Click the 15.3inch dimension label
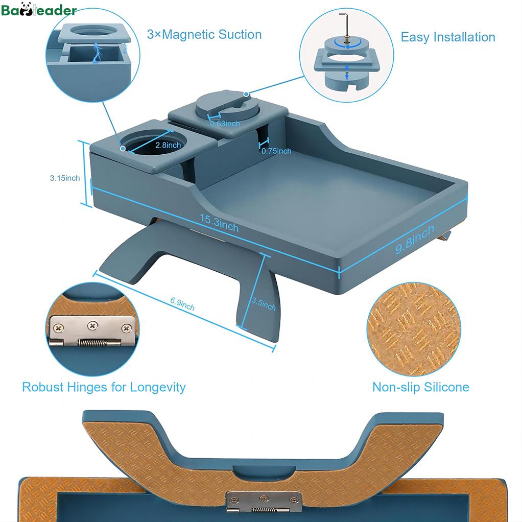click(219, 223)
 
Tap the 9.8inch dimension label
click(415, 239)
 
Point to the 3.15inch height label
click(65, 178)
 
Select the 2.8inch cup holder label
click(168, 145)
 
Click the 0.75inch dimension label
click(276, 151)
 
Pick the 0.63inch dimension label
click(225, 124)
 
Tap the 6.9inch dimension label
click(182, 303)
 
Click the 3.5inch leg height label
click(264, 304)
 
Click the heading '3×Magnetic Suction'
click(204, 34)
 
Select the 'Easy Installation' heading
click(448, 37)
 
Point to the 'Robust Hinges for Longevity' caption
click(104, 387)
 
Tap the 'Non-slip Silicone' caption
click(421, 387)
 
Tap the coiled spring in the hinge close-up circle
click(92, 343)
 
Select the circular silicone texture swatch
click(414, 329)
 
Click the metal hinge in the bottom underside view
click(264, 502)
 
